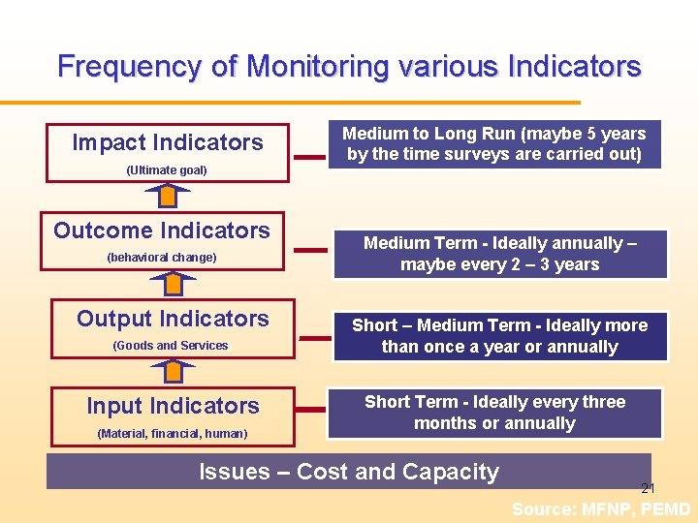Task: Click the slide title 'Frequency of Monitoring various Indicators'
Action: (x=349, y=67)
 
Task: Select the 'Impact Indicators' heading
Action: (x=168, y=142)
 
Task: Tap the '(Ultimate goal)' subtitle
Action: (x=167, y=170)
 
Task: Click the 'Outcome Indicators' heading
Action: (x=162, y=231)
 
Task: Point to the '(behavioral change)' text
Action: (x=162, y=258)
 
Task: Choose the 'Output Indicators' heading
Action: (x=173, y=319)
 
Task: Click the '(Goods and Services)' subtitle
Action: (x=171, y=346)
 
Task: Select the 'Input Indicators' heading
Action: (x=173, y=406)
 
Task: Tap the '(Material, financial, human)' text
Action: (x=173, y=433)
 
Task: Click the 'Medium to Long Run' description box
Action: (x=493, y=144)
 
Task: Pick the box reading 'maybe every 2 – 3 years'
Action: (x=499, y=254)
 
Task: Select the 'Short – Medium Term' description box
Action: (x=499, y=336)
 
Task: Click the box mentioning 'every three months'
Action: (x=494, y=413)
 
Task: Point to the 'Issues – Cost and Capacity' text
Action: (x=349, y=472)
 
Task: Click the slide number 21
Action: (x=648, y=489)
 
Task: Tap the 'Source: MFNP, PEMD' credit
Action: (x=601, y=509)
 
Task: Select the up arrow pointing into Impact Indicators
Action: (x=169, y=196)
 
